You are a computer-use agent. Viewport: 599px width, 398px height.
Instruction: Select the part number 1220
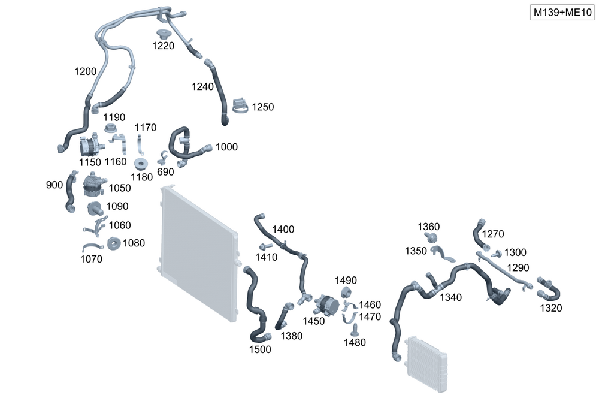click(x=163, y=46)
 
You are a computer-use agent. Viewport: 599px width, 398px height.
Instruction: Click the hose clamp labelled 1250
click(x=239, y=105)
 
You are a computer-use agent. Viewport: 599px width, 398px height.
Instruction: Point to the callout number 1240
click(x=202, y=86)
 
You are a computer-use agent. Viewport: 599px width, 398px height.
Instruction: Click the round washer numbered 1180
click(x=142, y=164)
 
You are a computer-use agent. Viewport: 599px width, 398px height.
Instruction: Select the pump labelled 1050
click(x=93, y=183)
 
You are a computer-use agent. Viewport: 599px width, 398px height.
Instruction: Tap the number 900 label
click(x=54, y=185)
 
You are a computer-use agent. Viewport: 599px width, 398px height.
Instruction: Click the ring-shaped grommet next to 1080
click(x=114, y=243)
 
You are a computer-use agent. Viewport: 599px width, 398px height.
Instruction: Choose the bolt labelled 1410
click(x=265, y=246)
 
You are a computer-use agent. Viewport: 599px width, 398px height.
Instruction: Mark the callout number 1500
click(x=260, y=349)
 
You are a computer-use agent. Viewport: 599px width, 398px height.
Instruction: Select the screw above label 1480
click(x=355, y=330)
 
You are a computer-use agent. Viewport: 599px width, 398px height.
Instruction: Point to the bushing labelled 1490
click(x=346, y=292)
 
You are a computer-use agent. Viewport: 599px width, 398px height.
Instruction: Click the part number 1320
click(x=551, y=308)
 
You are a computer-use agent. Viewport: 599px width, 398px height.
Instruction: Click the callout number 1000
click(x=226, y=147)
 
